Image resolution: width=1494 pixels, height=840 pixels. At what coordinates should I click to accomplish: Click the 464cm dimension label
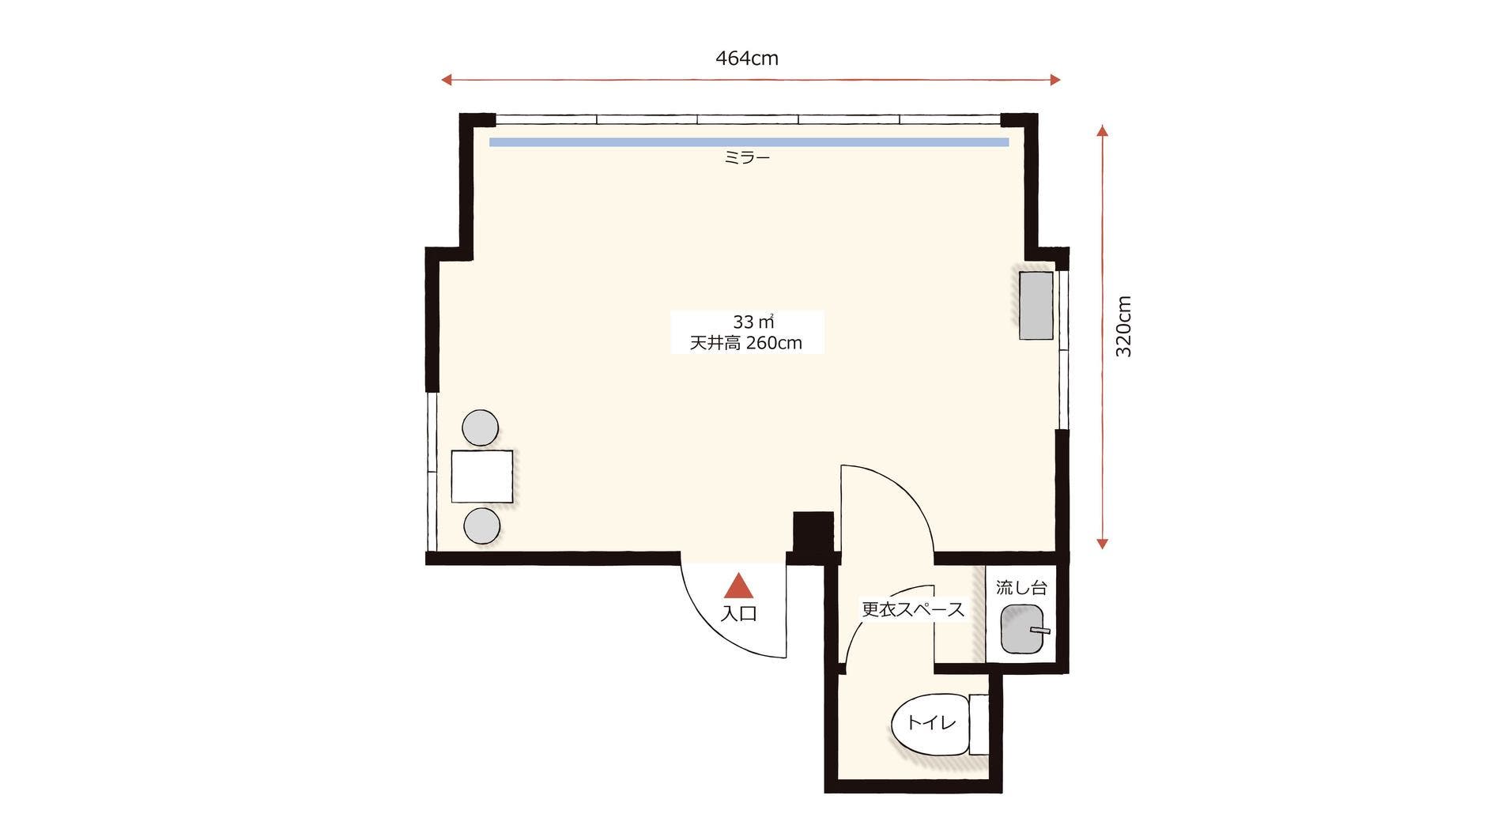[747, 58]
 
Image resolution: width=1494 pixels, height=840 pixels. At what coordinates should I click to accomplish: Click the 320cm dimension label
[1123, 326]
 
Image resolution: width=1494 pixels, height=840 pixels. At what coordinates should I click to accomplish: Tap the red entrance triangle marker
[739, 586]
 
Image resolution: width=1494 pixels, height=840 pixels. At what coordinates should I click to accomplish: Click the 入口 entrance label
[739, 613]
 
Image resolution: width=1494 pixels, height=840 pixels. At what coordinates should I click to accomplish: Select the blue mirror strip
[749, 142]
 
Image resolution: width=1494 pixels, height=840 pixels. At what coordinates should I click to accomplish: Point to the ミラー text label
[747, 158]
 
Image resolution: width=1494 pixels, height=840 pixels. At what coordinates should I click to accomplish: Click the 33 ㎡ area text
[753, 322]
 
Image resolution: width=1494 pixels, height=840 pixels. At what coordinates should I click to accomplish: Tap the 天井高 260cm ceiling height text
[746, 343]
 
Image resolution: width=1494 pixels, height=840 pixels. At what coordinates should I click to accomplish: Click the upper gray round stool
[480, 428]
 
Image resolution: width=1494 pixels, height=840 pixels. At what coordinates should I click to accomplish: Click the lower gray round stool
[481, 526]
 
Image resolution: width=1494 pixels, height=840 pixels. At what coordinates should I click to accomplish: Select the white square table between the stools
[482, 477]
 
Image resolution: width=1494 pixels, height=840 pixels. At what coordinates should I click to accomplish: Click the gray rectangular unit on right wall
[1036, 306]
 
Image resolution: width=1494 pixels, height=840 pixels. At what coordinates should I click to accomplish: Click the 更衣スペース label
[913, 610]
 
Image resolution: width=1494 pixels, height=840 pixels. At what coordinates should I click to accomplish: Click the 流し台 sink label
[1021, 588]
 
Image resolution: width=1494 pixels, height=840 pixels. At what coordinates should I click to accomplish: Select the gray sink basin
[1022, 629]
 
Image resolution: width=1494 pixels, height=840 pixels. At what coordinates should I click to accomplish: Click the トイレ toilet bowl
[930, 724]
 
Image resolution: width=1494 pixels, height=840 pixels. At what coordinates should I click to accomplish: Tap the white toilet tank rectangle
[979, 725]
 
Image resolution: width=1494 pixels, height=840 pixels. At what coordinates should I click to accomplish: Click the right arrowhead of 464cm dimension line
[1055, 79]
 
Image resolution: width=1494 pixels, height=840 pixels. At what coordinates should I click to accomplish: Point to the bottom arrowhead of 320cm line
[1103, 544]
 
